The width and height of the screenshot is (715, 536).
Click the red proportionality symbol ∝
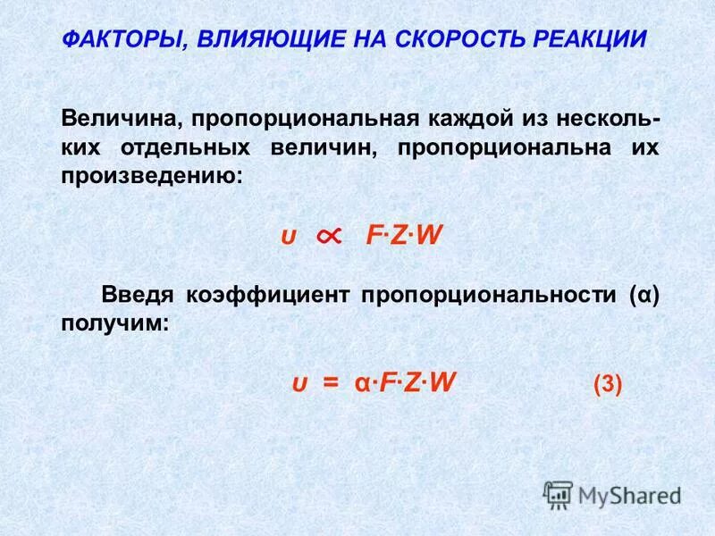coord(328,235)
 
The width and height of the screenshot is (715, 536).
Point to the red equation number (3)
coord(607,385)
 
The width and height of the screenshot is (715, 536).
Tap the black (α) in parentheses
coord(643,296)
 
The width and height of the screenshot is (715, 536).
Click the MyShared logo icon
coord(558,494)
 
